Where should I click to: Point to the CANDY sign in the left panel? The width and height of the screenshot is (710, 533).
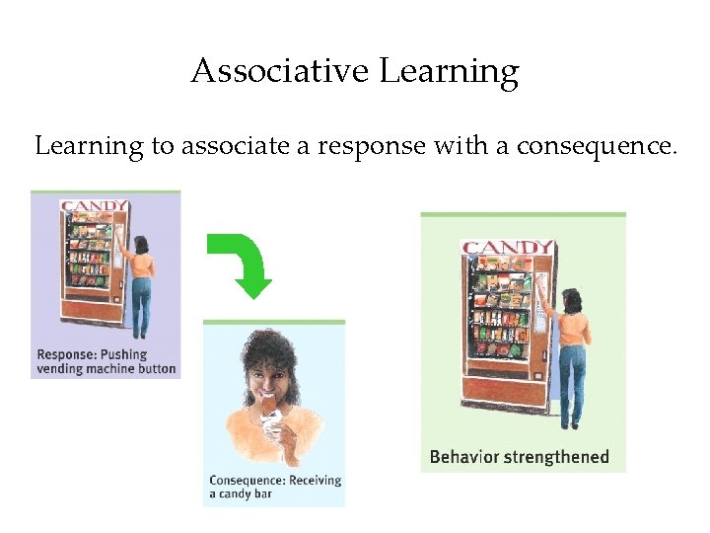click(94, 207)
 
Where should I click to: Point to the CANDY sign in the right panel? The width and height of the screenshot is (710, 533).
click(507, 248)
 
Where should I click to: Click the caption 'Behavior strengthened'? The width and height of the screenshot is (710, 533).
click(520, 457)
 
